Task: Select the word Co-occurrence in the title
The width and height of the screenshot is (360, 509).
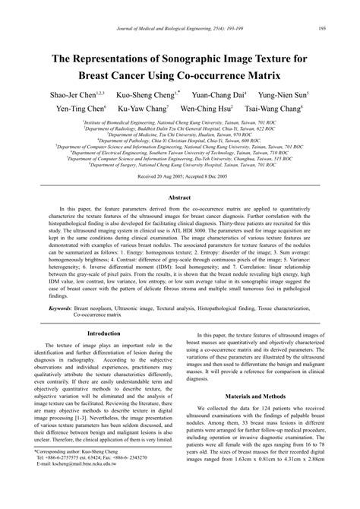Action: (237, 76)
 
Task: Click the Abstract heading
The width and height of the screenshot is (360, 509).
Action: (179, 196)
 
